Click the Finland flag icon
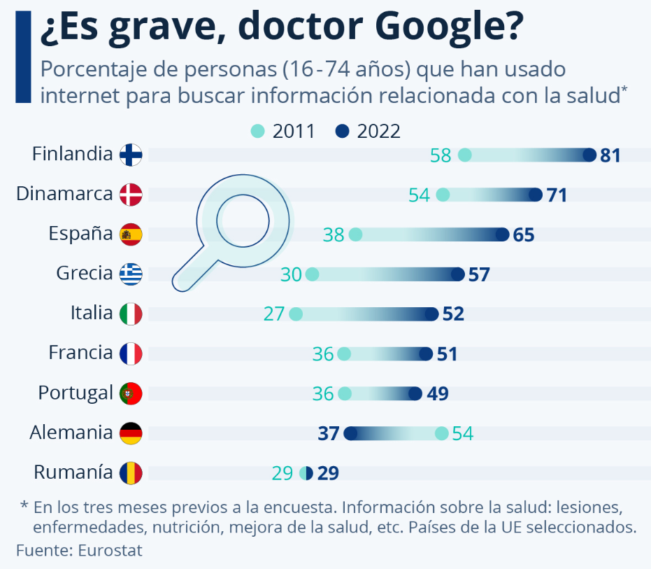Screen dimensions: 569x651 click(x=131, y=155)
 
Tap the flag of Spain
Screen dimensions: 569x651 click(x=131, y=234)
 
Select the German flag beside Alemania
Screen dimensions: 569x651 click(x=131, y=433)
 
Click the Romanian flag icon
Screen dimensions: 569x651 click(x=131, y=473)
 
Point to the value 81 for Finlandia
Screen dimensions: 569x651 click(x=610, y=155)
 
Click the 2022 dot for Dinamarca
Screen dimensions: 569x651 click(x=536, y=195)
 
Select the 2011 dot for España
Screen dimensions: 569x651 click(x=355, y=234)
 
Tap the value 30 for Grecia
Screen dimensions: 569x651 click(x=291, y=274)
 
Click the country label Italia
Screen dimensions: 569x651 click(x=92, y=313)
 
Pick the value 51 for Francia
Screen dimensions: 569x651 click(x=447, y=354)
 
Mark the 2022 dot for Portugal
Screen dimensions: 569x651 click(x=415, y=393)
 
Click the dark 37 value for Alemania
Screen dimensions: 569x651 click(x=328, y=434)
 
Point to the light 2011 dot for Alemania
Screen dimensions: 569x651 click(x=441, y=433)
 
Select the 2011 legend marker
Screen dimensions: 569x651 click(x=258, y=131)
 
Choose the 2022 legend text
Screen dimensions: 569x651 click(x=378, y=131)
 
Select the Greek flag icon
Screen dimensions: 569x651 click(x=131, y=274)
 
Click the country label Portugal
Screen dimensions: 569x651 click(x=76, y=393)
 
